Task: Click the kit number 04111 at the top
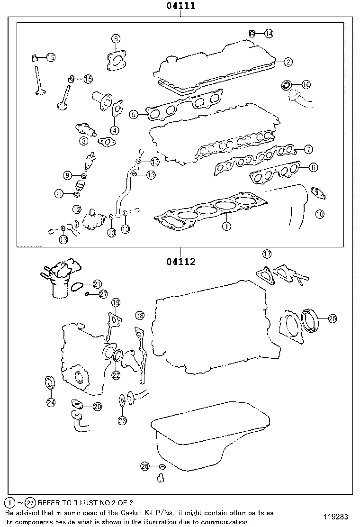point(180,6)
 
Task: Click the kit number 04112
point(180,261)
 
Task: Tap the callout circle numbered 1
point(227,226)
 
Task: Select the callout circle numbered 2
point(288,61)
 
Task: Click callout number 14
point(269,33)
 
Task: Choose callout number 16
point(306,84)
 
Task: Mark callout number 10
point(320,214)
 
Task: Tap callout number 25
point(332,319)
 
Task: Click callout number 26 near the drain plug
point(145,466)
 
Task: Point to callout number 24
point(51,402)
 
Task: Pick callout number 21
point(97,283)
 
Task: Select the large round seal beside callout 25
point(310,321)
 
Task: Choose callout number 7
point(308,149)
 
